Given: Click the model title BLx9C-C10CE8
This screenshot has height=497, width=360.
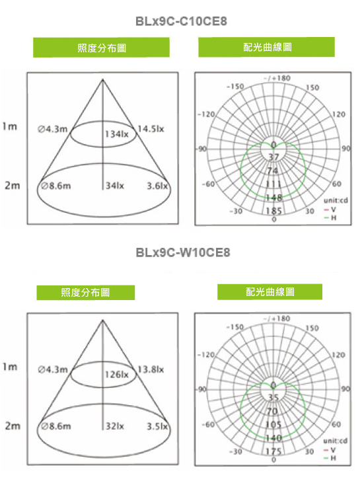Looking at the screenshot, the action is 181,21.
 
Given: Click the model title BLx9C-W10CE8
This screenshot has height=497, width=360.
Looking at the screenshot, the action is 183,252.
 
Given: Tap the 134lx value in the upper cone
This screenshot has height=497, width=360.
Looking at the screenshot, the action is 117,134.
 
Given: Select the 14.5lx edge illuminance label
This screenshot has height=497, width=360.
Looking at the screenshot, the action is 151,129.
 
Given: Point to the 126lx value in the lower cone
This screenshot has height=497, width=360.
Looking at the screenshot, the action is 117,374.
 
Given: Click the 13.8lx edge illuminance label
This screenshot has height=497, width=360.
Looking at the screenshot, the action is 151,369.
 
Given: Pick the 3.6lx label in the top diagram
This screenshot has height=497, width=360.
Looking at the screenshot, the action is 157,186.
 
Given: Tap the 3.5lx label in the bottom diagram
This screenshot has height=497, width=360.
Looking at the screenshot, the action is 157,426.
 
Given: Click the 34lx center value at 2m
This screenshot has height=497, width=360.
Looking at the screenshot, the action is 115,186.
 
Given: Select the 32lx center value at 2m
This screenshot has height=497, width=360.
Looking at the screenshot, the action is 115,426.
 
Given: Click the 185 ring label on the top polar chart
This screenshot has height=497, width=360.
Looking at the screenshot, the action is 274,211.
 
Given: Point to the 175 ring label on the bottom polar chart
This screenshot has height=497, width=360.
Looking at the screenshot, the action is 274,451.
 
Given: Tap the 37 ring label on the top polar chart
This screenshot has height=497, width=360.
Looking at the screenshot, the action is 274,157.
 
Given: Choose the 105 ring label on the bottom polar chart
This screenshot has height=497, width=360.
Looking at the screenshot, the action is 274,424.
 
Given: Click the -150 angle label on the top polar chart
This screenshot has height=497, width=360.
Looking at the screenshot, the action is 235,86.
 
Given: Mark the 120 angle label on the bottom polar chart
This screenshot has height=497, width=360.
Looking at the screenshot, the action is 338,355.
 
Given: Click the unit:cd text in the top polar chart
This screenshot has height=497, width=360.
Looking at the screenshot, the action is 336,200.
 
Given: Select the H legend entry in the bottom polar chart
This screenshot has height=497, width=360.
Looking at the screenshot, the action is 330,458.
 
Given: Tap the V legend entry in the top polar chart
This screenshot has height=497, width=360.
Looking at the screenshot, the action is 330,210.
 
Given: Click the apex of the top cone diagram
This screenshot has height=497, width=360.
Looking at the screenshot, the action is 102,79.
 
